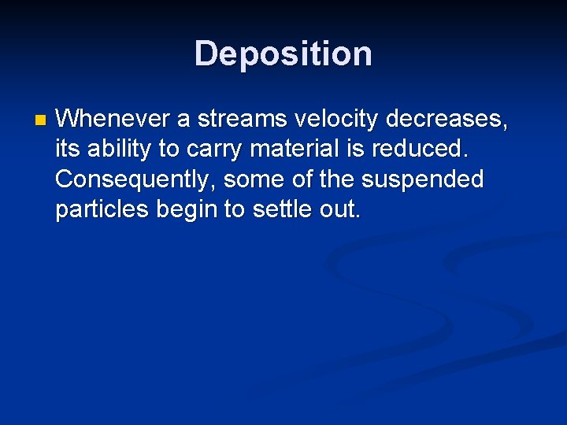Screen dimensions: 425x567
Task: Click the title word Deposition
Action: click(x=283, y=54)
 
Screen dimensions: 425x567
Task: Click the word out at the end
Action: click(x=340, y=209)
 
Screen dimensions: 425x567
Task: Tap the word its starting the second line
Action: click(x=67, y=150)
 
